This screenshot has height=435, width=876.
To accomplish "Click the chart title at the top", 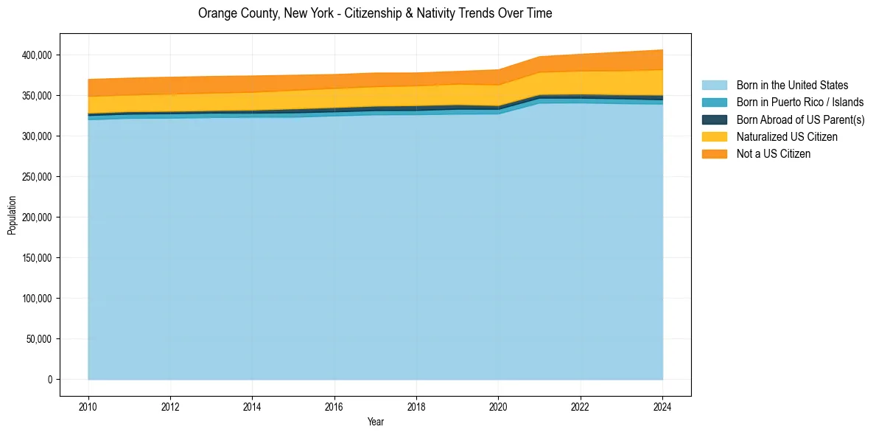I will click(x=375, y=13).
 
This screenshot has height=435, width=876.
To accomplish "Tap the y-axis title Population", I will click(x=12, y=215).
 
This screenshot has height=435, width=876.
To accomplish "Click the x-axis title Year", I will click(x=375, y=422).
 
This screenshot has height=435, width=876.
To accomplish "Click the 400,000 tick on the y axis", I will click(x=37, y=55).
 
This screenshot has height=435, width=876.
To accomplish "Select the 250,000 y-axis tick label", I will click(x=37, y=177).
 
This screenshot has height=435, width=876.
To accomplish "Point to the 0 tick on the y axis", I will click(x=51, y=380).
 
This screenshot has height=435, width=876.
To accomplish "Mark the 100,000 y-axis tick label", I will click(x=37, y=299).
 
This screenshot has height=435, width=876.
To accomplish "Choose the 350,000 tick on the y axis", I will click(x=37, y=96).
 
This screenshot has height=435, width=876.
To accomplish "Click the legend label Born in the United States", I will click(x=792, y=86).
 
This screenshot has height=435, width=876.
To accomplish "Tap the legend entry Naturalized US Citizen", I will click(x=787, y=137).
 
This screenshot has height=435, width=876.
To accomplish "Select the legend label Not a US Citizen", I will click(x=774, y=154).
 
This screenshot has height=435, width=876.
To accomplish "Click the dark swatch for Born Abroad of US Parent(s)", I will click(x=714, y=119).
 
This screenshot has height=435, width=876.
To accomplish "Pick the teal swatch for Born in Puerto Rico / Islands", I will click(x=714, y=102).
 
